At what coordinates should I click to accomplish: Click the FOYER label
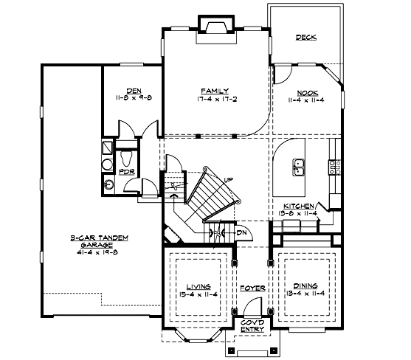[x=251, y=286]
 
